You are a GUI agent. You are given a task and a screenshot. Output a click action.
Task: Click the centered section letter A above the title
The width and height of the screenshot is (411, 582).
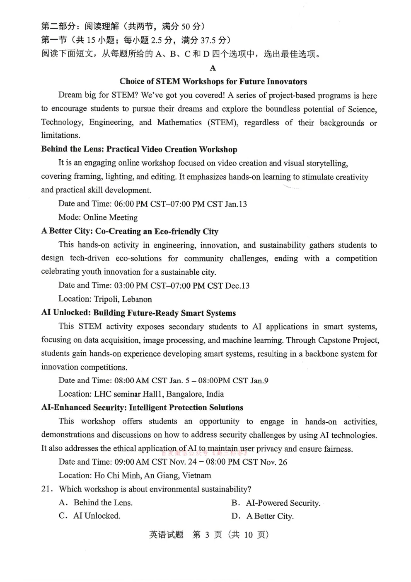tap(213, 68)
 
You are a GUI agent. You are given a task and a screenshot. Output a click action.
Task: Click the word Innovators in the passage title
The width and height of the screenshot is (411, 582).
tap(285, 81)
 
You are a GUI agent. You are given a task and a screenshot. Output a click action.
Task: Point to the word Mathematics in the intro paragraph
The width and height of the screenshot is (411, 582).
tap(179, 122)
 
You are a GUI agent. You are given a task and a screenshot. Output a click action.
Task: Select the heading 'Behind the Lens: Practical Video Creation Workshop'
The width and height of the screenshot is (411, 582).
tap(139, 149)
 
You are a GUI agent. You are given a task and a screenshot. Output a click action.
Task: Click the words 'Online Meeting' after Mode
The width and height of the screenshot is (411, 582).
tap(110, 217)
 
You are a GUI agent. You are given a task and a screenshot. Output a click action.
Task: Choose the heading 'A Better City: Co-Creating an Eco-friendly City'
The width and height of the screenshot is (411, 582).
tap(130, 231)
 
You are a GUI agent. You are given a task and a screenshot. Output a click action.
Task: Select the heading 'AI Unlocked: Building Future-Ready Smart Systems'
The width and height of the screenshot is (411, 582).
tap(138, 313)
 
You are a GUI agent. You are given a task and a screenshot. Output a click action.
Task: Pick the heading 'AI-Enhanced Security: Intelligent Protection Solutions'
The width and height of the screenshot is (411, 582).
tap(142, 407)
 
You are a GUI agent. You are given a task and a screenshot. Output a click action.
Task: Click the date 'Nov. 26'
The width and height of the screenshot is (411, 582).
tap(273, 462)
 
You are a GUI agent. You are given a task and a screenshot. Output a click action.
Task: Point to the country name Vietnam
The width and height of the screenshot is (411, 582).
tap(196, 475)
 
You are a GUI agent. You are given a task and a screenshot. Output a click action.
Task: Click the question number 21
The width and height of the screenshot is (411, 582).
tap(47, 489)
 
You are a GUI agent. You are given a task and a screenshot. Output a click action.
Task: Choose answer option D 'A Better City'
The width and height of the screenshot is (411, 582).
tap(269, 516)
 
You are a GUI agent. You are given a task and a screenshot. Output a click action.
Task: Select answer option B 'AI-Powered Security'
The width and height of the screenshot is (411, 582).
tap(283, 503)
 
